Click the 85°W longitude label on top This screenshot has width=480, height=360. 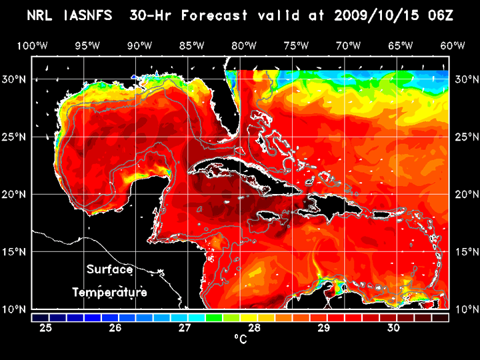[191, 46]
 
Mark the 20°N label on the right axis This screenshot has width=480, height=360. [465, 194]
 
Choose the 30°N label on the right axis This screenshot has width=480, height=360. [465, 79]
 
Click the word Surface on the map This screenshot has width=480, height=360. [110, 270]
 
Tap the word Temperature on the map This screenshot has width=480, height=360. [110, 292]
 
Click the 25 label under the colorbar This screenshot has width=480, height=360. [46, 328]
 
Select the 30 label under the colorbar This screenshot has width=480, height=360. [393, 328]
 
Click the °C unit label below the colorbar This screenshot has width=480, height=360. [240, 339]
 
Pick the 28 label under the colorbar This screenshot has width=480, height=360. [254, 328]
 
